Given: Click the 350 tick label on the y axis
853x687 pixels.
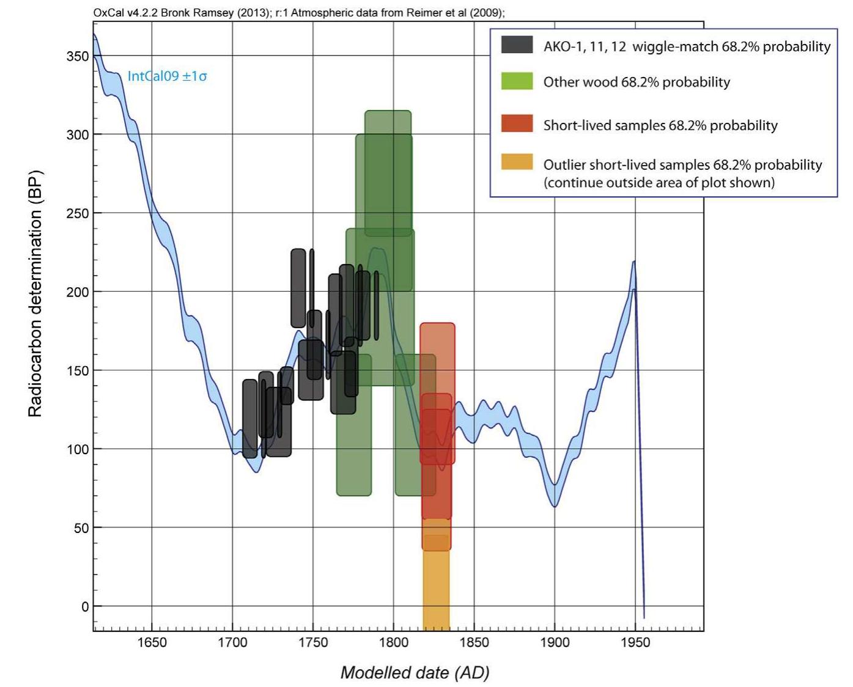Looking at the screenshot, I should pyautogui.click(x=77, y=56).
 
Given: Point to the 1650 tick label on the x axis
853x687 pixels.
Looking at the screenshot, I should pyautogui.click(x=152, y=642).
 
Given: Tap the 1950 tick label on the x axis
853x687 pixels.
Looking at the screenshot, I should pyautogui.click(x=635, y=642).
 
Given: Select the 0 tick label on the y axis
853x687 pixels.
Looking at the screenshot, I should pyautogui.click(x=85, y=606).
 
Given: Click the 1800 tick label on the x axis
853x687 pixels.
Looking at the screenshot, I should pyautogui.click(x=394, y=642).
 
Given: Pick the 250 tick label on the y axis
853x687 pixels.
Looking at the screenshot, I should pyautogui.click(x=77, y=213).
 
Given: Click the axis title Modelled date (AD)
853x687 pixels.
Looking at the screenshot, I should pyautogui.click(x=415, y=673).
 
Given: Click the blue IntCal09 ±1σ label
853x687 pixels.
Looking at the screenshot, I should pyautogui.click(x=167, y=76).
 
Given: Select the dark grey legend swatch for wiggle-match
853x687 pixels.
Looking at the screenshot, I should pyautogui.click(x=517, y=45).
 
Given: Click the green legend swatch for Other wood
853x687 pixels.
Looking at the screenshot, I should pyautogui.click(x=517, y=81).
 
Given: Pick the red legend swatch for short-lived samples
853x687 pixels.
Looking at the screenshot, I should pyautogui.click(x=517, y=124).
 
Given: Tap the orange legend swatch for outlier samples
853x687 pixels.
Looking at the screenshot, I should pyautogui.click(x=517, y=162).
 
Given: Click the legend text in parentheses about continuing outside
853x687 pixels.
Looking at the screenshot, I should pyautogui.click(x=659, y=183).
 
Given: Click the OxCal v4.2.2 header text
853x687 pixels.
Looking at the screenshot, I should pyautogui.click(x=298, y=13).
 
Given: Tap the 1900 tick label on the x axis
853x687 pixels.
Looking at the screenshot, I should pyautogui.click(x=555, y=642).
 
